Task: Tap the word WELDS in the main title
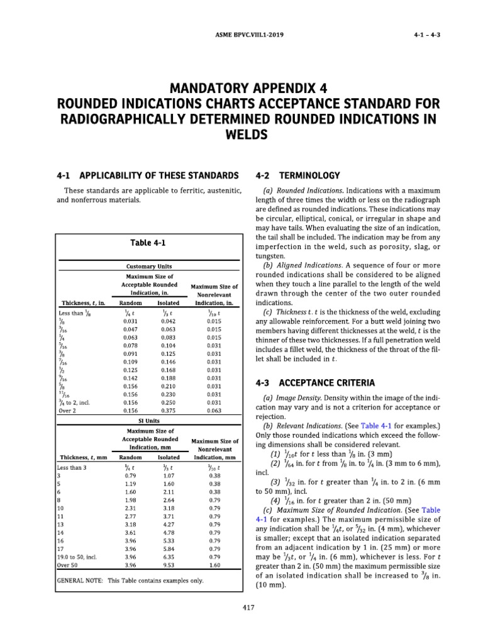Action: (x=241, y=135)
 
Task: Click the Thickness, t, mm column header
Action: (x=82, y=457)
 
